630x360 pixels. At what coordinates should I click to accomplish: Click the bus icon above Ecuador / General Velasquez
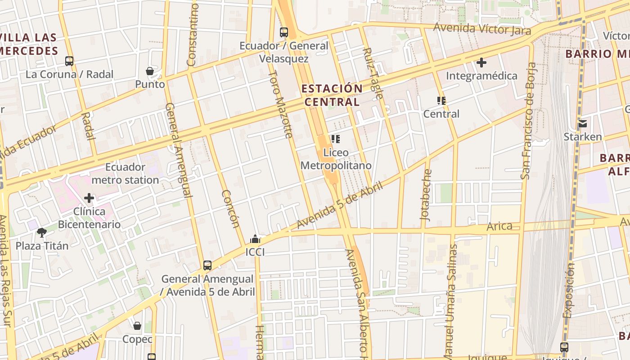click(283, 32)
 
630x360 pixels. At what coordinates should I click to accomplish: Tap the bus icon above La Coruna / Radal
click(69, 61)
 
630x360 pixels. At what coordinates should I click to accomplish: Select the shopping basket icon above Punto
click(150, 71)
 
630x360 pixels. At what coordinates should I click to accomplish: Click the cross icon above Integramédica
click(481, 63)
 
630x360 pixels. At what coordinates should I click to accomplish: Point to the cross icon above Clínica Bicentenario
click(89, 198)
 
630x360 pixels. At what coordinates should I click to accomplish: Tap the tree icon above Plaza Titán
click(42, 232)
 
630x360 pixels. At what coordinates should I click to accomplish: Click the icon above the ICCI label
click(255, 239)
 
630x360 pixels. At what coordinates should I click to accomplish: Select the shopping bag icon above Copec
click(137, 325)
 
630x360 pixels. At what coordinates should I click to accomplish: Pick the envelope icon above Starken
click(583, 123)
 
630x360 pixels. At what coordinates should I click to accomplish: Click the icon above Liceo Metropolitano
click(336, 139)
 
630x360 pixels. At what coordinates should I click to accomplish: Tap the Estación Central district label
click(332, 95)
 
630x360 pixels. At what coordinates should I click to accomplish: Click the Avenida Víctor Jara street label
click(482, 29)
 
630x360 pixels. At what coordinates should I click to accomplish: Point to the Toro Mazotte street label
click(281, 104)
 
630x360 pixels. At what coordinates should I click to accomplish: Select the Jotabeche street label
click(426, 194)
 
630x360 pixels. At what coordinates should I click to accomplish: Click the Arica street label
click(499, 226)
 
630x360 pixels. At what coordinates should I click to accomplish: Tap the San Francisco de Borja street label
click(528, 121)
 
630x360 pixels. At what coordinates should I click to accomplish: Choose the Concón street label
click(229, 208)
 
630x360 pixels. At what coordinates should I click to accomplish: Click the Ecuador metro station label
click(125, 174)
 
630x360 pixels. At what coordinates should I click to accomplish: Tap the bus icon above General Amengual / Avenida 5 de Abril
click(207, 265)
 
